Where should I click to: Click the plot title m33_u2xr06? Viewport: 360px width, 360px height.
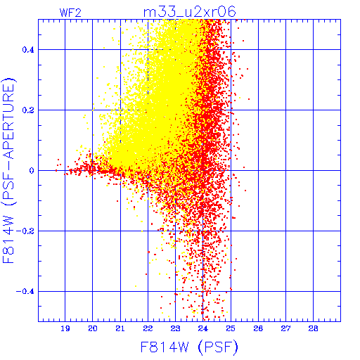tap(190, 12)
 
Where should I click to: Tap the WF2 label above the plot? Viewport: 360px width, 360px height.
tap(70, 13)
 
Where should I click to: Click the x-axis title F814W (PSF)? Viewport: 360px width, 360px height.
tap(189, 347)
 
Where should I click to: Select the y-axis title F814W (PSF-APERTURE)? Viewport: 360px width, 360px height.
tap(8, 170)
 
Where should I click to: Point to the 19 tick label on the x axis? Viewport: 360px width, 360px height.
tap(65, 328)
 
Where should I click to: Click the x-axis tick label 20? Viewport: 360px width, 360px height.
tap(93, 328)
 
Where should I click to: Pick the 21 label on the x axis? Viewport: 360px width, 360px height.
tap(120, 328)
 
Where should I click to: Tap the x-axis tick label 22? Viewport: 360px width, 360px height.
tap(148, 328)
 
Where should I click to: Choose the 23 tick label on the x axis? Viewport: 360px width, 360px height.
tap(175, 328)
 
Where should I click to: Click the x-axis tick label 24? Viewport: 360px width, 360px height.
tap(203, 328)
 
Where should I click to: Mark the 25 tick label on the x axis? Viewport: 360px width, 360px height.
tap(231, 328)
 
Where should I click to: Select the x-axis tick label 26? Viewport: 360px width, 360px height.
tap(258, 328)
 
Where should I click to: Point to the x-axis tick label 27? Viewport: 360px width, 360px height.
tap(285, 328)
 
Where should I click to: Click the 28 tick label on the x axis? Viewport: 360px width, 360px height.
tap(314, 328)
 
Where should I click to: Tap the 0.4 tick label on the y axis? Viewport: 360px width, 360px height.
tap(28, 50)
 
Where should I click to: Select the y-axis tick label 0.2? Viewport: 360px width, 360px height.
tap(28, 110)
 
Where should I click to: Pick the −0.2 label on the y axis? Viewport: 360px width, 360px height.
tap(25, 231)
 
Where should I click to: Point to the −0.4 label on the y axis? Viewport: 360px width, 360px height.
tap(25, 292)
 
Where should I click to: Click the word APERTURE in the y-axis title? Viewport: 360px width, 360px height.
tap(8, 122)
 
